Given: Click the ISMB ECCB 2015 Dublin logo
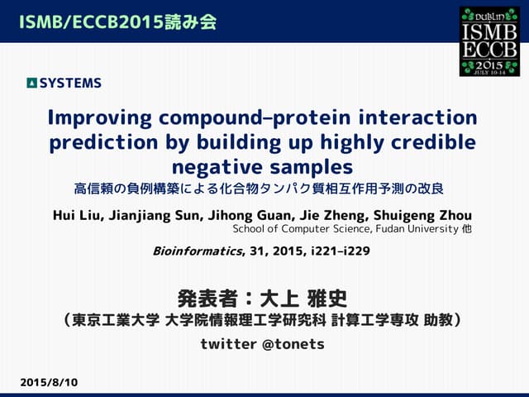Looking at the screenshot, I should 490,41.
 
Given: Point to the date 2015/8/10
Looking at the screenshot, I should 49,383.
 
